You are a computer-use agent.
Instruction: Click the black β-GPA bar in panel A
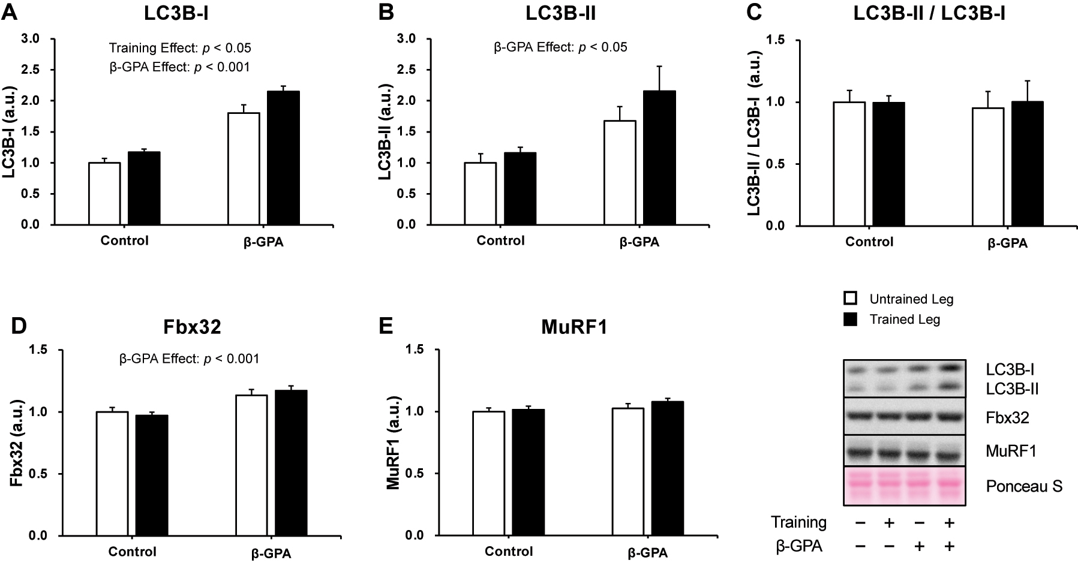(x=283, y=158)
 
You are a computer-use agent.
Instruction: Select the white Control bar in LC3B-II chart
(x=481, y=194)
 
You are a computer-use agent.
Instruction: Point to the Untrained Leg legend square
(x=849, y=298)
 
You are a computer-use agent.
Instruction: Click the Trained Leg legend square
(x=849, y=319)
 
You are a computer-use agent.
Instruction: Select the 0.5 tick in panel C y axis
(x=777, y=164)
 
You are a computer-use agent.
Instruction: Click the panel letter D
(x=20, y=326)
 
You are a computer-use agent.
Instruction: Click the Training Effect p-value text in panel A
(x=180, y=48)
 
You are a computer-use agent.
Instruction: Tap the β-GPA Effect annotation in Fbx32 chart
(x=190, y=359)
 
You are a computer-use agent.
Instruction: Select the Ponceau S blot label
(x=1024, y=486)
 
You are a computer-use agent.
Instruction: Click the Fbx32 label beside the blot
(x=1007, y=418)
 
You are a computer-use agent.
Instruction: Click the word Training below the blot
(x=798, y=522)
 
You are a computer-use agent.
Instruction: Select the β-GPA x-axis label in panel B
(x=639, y=242)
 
